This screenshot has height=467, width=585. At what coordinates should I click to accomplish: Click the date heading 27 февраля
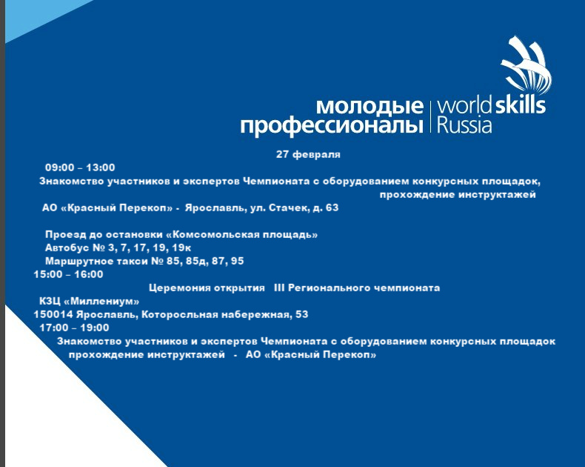308,154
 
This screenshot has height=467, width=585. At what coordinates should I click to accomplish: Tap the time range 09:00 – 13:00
80,168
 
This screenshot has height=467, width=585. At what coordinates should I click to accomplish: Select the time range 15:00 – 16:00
68,274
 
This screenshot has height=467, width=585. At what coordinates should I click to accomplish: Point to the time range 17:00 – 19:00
74,328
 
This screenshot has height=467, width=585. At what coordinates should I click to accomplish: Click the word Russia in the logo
464,125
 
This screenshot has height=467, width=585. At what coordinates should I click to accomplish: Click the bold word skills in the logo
521,105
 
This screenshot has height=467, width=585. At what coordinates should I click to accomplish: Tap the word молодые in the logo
370,107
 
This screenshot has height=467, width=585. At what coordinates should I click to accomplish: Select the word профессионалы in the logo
332,125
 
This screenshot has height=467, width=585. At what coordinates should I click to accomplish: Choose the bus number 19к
181,248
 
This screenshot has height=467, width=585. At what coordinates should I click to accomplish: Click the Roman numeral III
279,288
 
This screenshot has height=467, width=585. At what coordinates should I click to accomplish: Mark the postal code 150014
53,314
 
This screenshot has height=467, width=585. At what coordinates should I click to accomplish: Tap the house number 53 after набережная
302,314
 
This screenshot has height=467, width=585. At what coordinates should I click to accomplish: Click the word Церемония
174,288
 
